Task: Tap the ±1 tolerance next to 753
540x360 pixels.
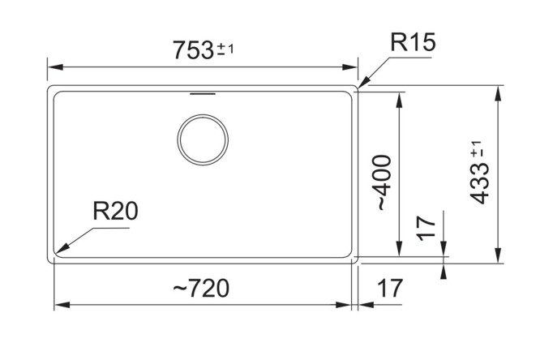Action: [226, 49]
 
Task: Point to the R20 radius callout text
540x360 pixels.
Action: [115, 212]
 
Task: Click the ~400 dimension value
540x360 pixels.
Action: [385, 183]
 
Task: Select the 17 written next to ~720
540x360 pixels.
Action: [389, 288]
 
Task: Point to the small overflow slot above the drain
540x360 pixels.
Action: [202, 94]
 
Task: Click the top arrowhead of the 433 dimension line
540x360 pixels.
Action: [498, 89]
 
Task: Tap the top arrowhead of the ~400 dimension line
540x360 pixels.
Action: [398, 98]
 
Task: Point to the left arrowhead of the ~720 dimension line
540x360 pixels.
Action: [59, 306]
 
